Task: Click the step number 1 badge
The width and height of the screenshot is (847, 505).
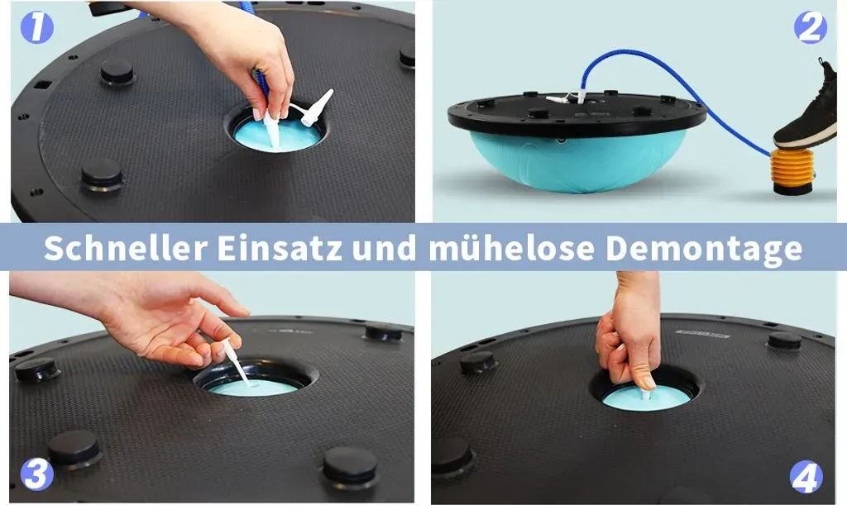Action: [x=36, y=27]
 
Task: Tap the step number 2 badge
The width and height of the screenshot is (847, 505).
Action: [x=810, y=27]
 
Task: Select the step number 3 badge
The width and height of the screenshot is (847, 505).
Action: [x=36, y=474]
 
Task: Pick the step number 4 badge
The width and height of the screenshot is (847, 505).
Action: [x=806, y=477]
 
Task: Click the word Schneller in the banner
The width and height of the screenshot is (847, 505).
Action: [x=126, y=248]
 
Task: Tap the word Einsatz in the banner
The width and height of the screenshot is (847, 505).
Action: [x=280, y=248]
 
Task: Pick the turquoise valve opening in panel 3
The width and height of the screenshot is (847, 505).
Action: [x=254, y=387]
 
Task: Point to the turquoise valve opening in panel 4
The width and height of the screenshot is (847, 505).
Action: [x=646, y=398]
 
